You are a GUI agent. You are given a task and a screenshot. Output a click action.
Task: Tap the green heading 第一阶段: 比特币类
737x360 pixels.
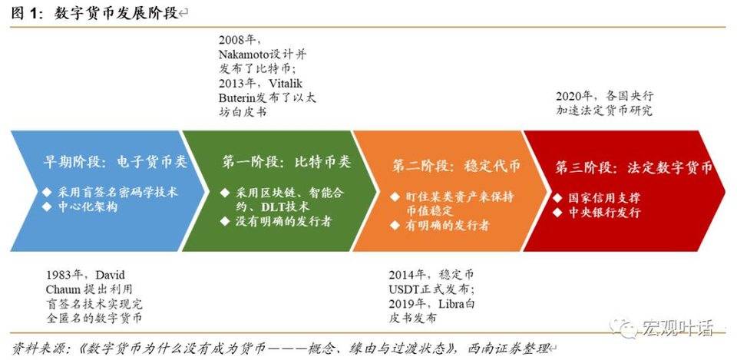tap(286, 163)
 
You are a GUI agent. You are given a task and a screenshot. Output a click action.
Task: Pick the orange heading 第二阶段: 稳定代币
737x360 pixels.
tap(455, 166)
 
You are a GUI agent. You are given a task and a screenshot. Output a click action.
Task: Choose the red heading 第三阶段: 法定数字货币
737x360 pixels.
tap(633, 167)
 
